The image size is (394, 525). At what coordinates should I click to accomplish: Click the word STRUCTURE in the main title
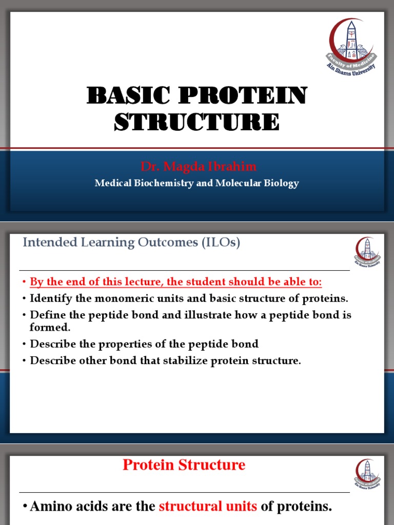coord(197,122)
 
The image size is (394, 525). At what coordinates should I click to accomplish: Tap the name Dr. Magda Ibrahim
coord(199,167)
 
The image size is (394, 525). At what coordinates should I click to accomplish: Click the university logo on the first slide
coord(351,46)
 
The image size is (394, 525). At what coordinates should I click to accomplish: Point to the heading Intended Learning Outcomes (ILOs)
coord(131,243)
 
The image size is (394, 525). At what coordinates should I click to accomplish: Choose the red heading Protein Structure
coord(184,465)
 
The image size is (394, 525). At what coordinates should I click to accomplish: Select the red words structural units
coord(208,507)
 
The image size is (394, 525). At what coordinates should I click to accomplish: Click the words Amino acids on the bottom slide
coord(63,507)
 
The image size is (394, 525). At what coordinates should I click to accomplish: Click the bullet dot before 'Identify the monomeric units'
coord(24,299)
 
